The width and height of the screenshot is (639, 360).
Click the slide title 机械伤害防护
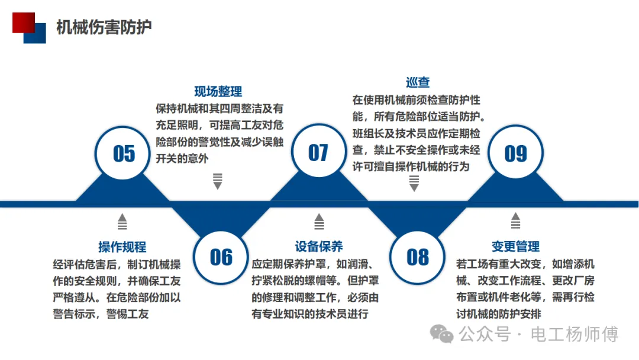tap(104, 27)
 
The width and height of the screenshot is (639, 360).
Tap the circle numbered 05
tap(124, 153)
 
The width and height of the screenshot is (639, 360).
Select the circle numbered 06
tap(221, 256)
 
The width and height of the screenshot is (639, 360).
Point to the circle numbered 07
tap(318, 153)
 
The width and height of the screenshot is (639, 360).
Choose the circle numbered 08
tap(418, 256)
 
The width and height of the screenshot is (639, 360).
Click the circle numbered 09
tap(515, 153)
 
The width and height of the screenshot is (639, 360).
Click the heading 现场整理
tap(218, 92)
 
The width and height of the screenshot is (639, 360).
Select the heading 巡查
tap(418, 83)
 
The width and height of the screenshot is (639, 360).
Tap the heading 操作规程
tap(122, 247)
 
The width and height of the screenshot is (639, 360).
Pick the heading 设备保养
tap(319, 247)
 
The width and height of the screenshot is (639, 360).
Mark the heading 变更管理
tap(515, 247)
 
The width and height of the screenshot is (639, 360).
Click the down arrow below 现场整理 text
tap(218, 181)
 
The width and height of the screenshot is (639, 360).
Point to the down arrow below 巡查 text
tap(414, 184)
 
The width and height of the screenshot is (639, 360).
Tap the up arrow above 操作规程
tap(122, 221)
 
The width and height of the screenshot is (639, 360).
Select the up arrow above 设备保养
tap(319, 221)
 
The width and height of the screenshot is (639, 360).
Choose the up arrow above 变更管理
tap(515, 221)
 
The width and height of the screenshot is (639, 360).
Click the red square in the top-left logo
tap(22, 22)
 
